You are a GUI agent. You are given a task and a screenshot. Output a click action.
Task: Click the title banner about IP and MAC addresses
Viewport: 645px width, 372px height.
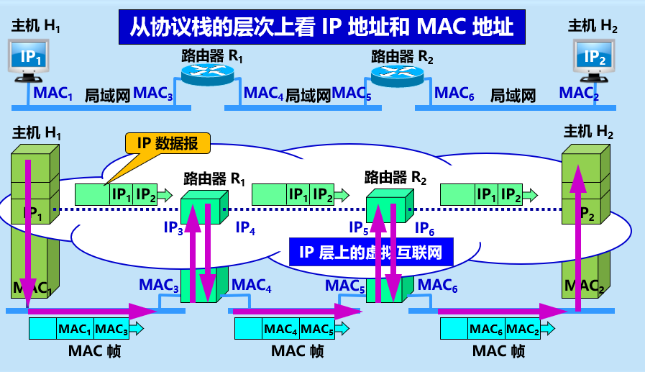[x=322, y=27]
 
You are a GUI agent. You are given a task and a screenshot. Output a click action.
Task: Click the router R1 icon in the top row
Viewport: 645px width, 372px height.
[x=208, y=72]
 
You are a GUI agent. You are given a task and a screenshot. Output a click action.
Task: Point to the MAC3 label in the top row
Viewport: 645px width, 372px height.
[x=153, y=93]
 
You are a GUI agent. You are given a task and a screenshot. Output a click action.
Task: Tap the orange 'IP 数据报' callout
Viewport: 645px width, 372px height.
[x=168, y=142]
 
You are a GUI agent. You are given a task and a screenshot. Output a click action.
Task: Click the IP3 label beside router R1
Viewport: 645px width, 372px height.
[x=173, y=228]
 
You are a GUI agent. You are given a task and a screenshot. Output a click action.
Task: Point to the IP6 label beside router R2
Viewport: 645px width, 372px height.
[x=426, y=228]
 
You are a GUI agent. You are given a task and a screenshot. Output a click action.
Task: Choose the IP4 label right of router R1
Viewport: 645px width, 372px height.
[x=245, y=228]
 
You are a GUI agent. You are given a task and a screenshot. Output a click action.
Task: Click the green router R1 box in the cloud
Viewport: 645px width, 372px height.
[x=200, y=209]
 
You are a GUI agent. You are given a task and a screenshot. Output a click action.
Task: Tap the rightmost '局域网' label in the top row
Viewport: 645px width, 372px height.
[x=513, y=94]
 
